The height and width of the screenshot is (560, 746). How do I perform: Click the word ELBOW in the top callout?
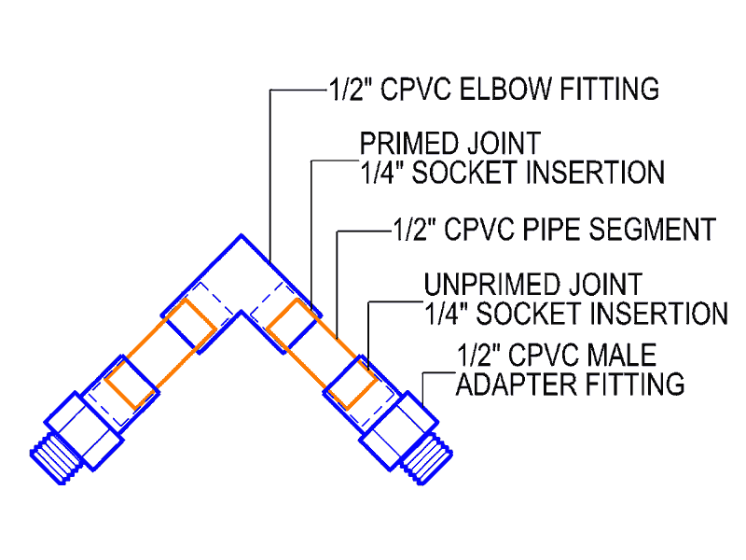[x=504, y=89]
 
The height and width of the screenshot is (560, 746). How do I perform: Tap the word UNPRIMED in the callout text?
[x=492, y=285]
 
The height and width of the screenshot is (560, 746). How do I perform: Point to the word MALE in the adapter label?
[x=621, y=355]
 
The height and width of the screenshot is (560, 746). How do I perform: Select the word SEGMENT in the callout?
[x=652, y=229]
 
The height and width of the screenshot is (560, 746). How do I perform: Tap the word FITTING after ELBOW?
[x=610, y=89]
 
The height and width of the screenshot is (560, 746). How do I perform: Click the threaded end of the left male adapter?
[x=54, y=459]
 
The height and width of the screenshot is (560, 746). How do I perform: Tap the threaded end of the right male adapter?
[x=427, y=459]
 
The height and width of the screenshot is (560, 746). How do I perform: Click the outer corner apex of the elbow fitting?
[x=242, y=235]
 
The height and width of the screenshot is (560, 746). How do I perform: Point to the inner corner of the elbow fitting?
[x=242, y=312]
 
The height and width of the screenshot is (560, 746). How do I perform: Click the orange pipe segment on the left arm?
[x=160, y=354]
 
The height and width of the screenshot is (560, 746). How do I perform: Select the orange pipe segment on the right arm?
[x=322, y=354]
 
